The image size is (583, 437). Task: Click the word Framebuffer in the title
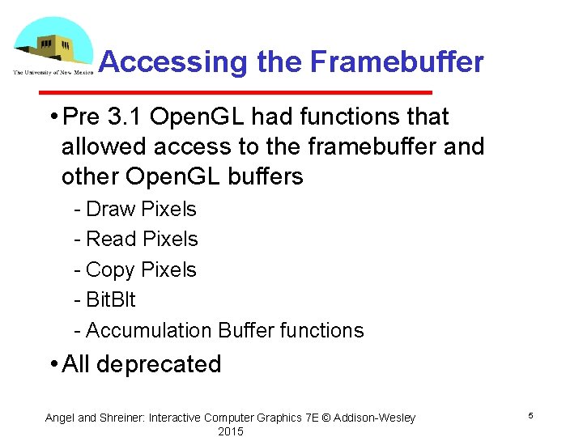pos(397,62)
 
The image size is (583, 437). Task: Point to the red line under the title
pos(264,91)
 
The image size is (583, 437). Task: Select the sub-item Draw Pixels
pos(141,209)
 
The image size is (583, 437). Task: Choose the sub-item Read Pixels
pos(142,239)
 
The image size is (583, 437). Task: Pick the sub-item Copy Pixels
pos(141,269)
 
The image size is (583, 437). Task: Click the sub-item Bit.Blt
pos(110,299)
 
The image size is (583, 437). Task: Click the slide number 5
pos(530,416)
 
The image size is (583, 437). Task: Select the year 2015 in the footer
pos(230,431)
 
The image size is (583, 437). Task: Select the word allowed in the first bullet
pos(95,146)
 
